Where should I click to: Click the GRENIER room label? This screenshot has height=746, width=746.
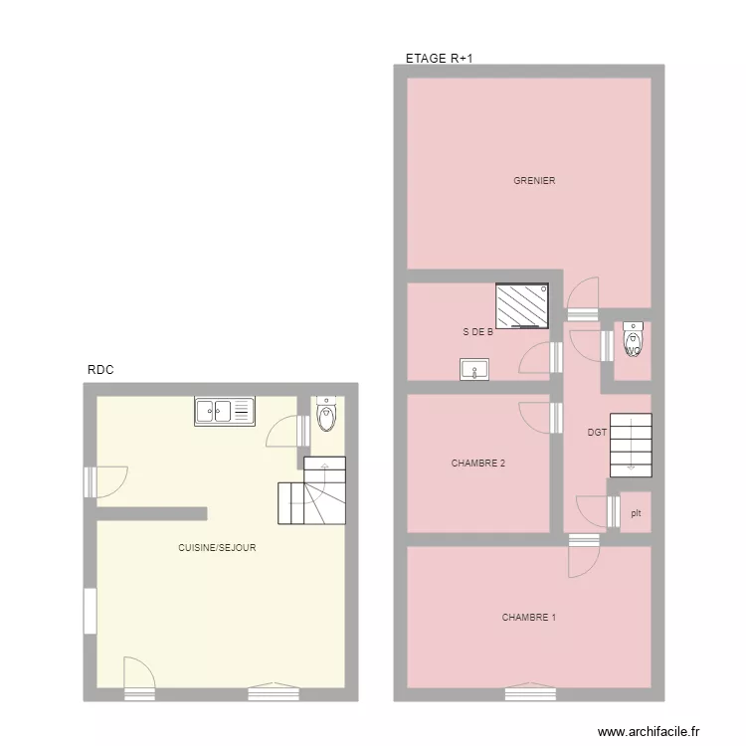534,181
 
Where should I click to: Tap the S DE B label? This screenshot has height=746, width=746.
477,332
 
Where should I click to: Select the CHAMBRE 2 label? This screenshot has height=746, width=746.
477,464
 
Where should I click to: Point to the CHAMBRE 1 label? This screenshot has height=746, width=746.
528,618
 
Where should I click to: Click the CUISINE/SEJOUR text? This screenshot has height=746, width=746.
217,548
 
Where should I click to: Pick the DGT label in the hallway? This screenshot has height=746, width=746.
597,433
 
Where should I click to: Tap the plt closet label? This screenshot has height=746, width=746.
636,513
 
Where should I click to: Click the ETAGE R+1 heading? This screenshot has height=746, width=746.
439,59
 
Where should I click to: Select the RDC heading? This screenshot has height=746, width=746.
100,370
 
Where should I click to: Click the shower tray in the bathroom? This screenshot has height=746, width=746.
522,305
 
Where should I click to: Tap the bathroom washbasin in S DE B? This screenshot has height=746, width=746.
474,370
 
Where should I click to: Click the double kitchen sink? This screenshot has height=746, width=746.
225,410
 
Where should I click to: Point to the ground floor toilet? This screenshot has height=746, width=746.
325,415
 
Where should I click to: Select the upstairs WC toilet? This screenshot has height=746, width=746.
633,340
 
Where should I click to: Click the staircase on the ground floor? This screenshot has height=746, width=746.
312,491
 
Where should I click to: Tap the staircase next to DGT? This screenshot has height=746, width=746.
630,442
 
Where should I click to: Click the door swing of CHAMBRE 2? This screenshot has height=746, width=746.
535,417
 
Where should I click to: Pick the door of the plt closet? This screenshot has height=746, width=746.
594,510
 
